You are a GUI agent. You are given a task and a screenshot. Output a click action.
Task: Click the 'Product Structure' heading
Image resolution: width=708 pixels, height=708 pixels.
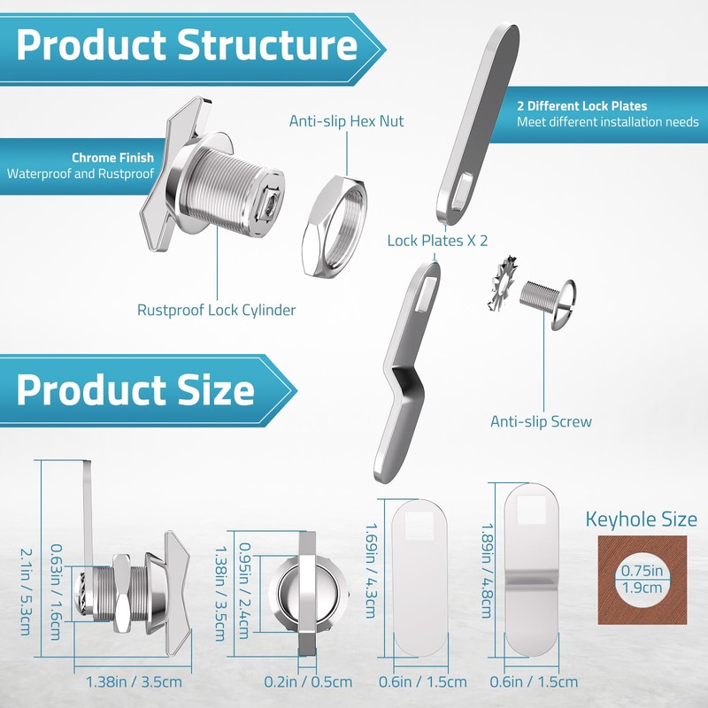187,46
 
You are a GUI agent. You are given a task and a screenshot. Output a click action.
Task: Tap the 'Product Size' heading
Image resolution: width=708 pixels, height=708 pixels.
135,390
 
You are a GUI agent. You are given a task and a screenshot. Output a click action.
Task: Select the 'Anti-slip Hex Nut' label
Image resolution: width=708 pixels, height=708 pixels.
346,121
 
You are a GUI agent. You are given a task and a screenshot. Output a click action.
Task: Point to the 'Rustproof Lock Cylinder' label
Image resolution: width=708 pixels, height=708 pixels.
216,311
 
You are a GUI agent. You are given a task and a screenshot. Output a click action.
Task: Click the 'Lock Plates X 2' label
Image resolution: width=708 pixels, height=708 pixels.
437,241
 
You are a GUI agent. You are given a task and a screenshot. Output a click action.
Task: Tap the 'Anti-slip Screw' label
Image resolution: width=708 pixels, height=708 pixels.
541,422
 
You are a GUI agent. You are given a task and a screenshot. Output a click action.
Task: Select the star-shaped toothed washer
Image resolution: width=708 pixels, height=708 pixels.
502,282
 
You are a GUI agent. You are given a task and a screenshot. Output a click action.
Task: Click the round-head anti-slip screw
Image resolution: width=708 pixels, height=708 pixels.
548,300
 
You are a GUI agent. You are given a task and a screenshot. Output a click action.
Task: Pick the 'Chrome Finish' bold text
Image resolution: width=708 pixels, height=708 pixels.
113,158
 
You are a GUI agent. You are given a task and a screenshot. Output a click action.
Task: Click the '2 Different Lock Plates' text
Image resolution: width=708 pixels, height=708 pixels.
582,106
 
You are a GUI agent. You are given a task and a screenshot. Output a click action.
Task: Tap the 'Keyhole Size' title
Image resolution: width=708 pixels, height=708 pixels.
641,519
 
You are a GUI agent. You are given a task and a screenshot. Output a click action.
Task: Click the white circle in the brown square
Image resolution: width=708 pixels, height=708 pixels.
643,580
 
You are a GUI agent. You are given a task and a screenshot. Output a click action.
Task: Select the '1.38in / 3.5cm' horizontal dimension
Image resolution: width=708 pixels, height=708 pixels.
134,681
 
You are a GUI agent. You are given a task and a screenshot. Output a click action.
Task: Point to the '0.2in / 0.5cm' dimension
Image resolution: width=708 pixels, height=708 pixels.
308,681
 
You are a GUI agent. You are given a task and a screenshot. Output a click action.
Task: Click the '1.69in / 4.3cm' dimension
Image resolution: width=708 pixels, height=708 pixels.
370,571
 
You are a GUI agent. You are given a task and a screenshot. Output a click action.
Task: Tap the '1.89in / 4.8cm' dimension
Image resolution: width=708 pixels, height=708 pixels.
487,571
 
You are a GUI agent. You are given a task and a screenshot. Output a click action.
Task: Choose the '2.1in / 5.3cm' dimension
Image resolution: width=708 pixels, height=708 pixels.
27,592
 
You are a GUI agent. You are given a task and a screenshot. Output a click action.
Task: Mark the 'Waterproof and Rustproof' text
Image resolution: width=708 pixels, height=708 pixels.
81,173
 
